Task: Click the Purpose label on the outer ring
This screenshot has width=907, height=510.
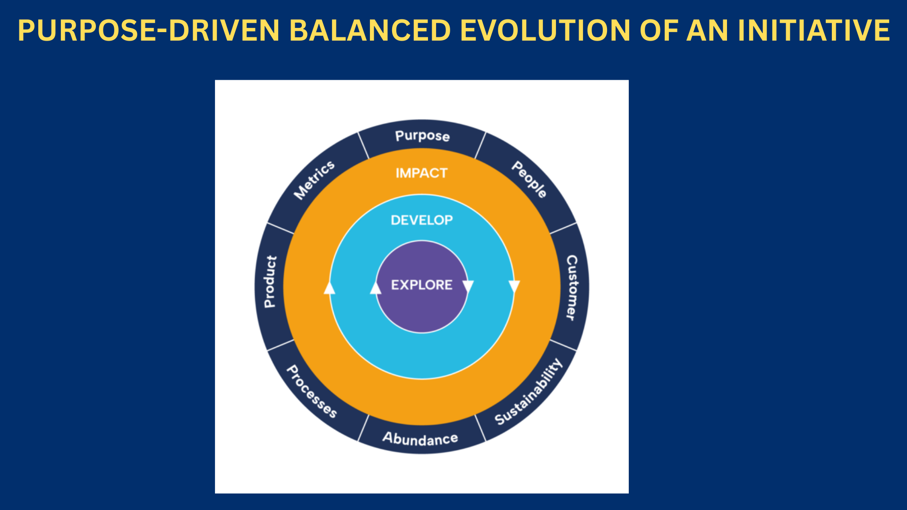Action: [x=422, y=136]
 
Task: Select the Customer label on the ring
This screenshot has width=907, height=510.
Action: [x=572, y=288]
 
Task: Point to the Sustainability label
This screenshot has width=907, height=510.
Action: [x=529, y=392]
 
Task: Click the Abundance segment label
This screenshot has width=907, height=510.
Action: [x=420, y=439]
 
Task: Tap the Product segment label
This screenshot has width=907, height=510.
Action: [x=270, y=281]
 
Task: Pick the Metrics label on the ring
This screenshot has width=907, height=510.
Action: [x=314, y=179]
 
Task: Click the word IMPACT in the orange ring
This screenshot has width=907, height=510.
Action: [x=421, y=173]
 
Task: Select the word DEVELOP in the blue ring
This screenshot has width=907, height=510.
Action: [x=422, y=220]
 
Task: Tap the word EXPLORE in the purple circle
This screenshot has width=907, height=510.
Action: [x=422, y=285]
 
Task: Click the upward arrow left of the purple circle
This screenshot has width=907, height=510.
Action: [x=376, y=288]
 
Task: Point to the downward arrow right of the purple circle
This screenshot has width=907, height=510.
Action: [x=468, y=286]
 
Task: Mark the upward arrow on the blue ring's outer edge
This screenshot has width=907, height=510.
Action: [x=329, y=288]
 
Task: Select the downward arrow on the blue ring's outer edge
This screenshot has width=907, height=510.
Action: [x=514, y=286]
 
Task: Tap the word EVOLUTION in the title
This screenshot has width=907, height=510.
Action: [x=545, y=30]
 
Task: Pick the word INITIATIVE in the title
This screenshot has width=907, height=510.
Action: [x=813, y=30]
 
